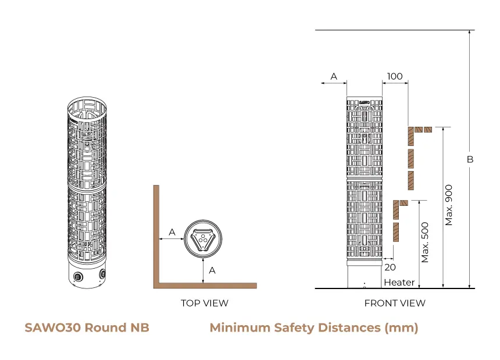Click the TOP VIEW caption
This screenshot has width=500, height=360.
tap(204, 303)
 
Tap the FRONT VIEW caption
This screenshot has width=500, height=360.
tap(394, 303)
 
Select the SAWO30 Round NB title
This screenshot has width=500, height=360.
tap(87, 327)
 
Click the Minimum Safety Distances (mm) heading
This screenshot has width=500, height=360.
tap(313, 327)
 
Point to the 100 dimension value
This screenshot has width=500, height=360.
tap(394, 76)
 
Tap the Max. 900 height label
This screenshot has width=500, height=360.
tap(449, 205)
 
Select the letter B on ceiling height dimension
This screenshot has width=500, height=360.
tap(470, 159)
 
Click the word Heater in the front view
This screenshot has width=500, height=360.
tap(399, 283)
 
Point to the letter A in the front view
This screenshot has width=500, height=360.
tap(334, 76)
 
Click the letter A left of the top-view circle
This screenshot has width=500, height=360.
tap(172, 232)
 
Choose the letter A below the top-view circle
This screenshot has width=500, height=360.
tap(212, 270)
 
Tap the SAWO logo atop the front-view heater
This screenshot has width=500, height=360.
tap(365, 102)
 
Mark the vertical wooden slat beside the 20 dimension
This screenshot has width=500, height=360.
tap(396, 231)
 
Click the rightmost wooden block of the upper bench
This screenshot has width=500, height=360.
tap(428, 129)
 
